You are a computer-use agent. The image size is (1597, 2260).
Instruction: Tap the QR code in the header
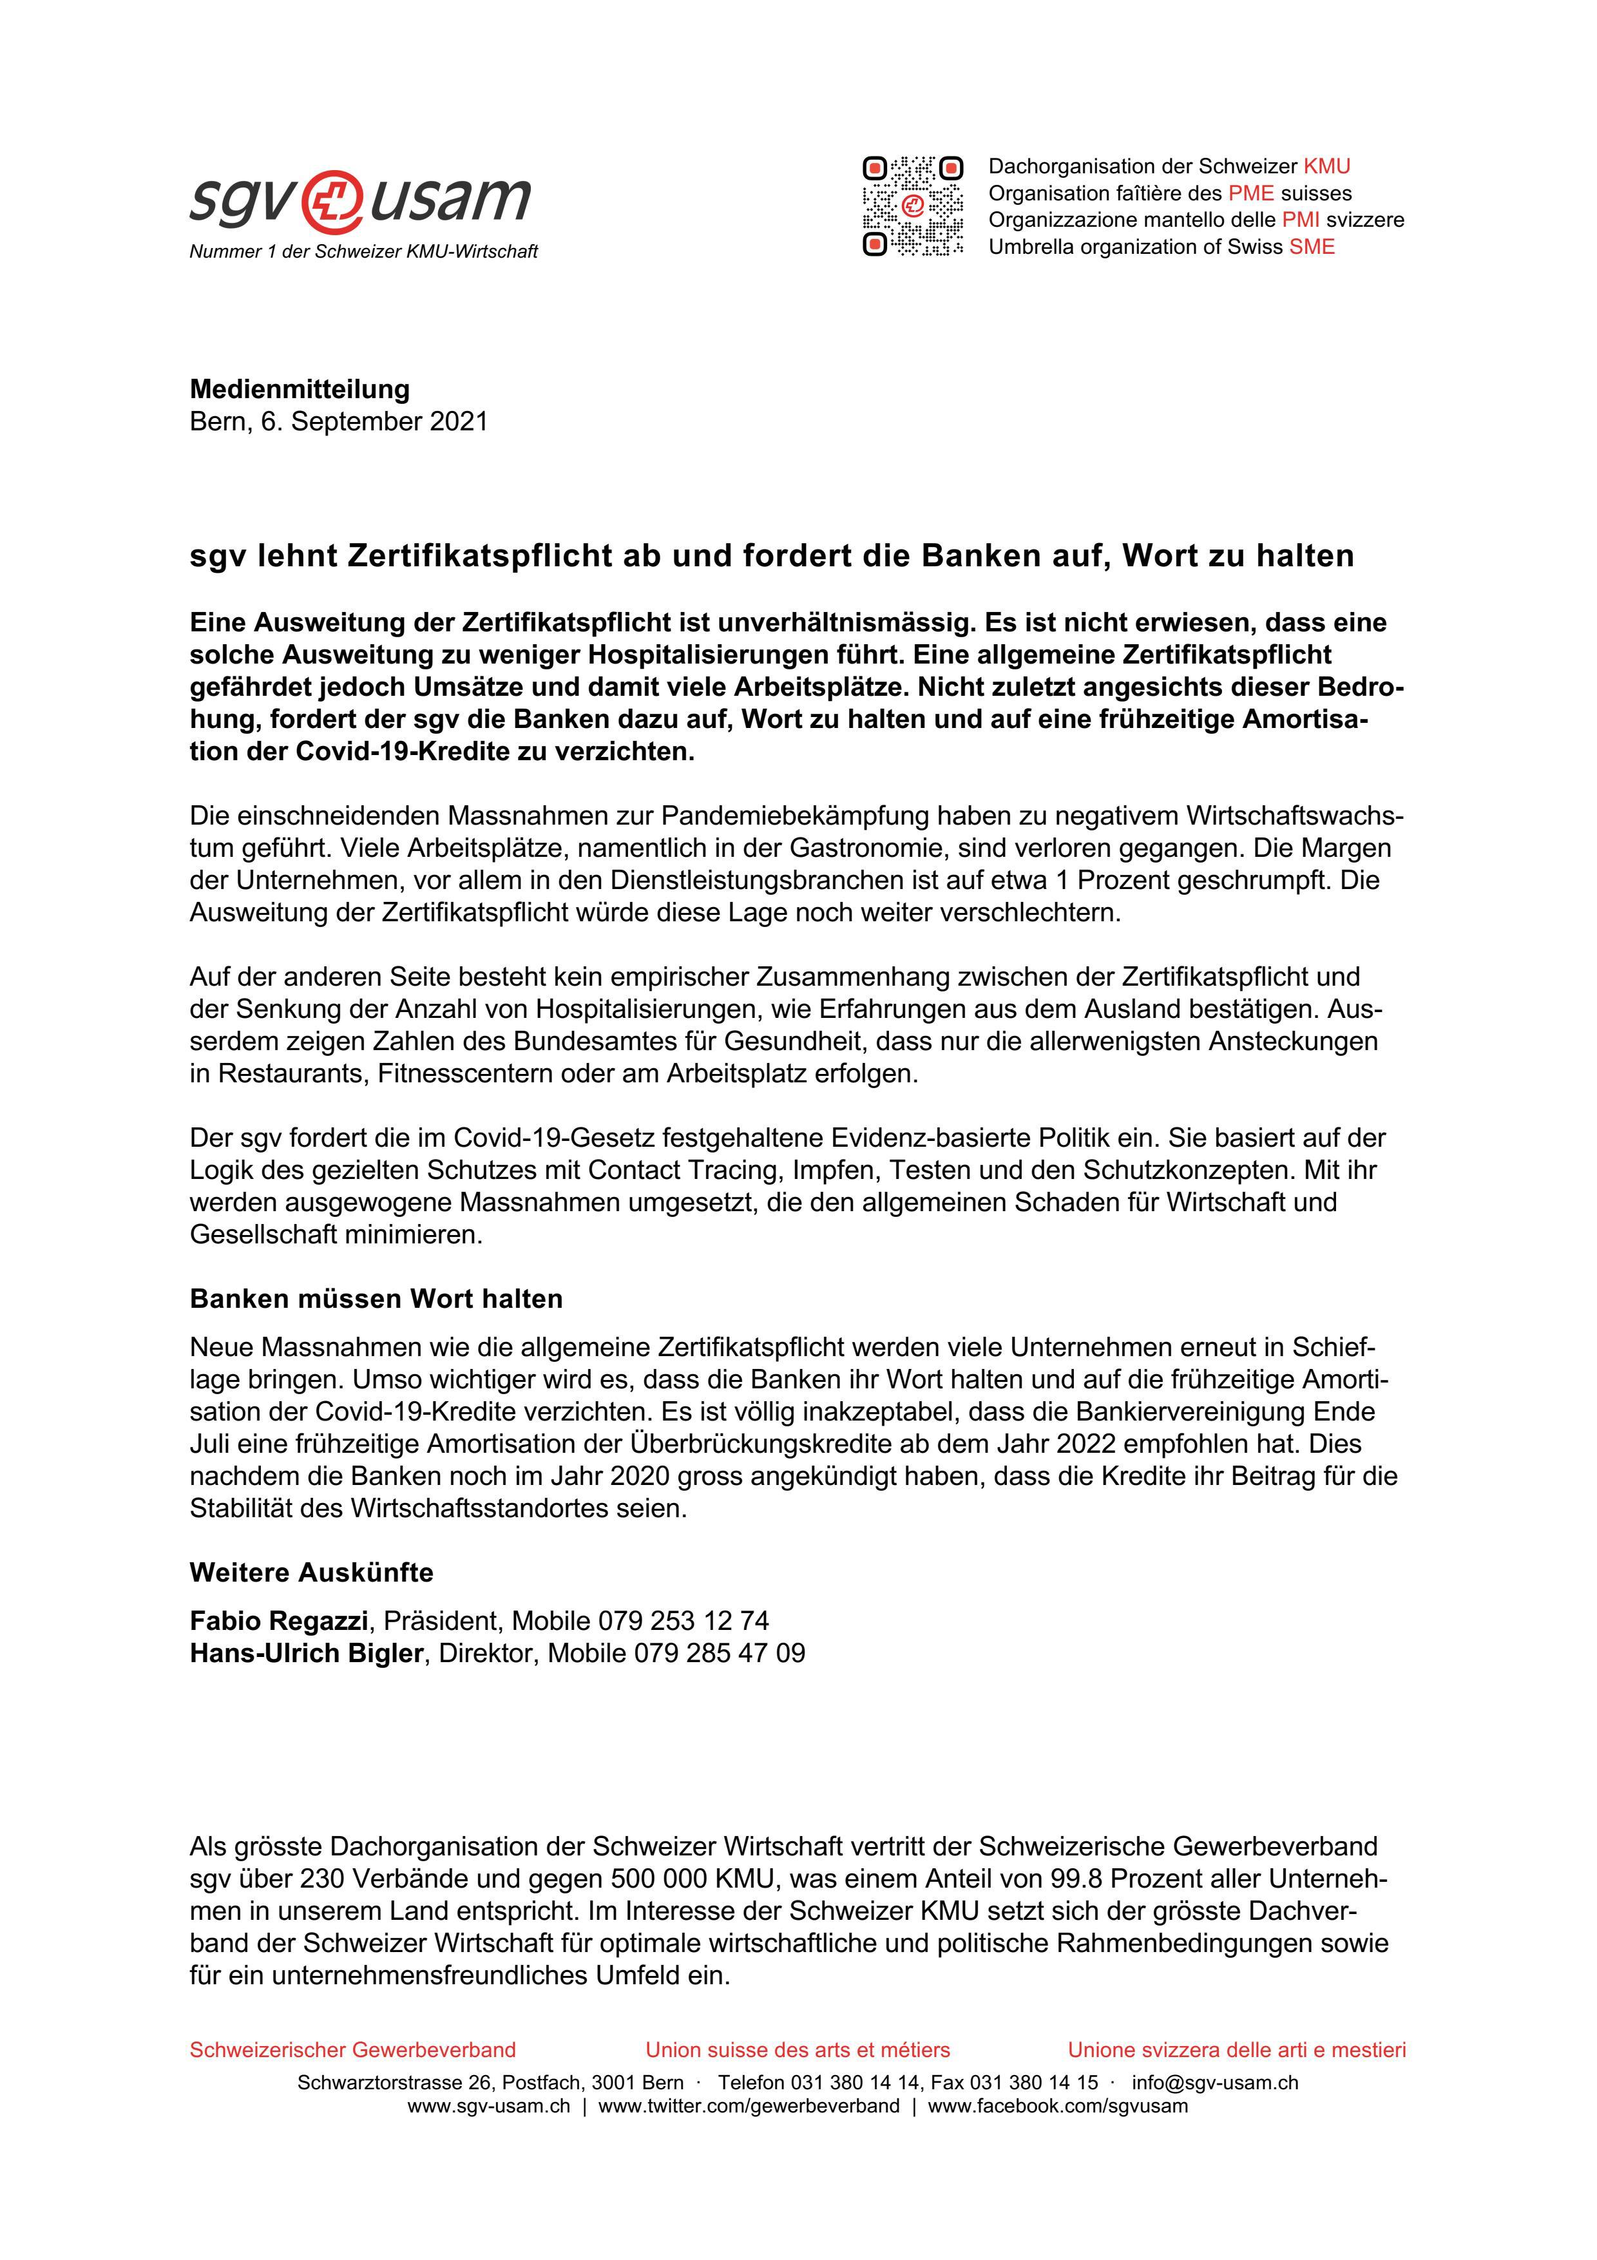pyautogui.click(x=912, y=206)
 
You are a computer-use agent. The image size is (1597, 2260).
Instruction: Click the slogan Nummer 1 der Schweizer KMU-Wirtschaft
pyautogui.click(x=363, y=252)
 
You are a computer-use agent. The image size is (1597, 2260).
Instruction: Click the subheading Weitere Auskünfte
pyautogui.click(x=311, y=1572)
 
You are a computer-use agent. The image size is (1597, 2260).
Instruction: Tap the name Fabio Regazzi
pyautogui.click(x=278, y=1620)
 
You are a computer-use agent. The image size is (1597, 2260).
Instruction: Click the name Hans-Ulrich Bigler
pyautogui.click(x=306, y=1652)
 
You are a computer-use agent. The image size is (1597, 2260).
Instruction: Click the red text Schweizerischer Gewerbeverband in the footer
pyautogui.click(x=352, y=2049)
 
